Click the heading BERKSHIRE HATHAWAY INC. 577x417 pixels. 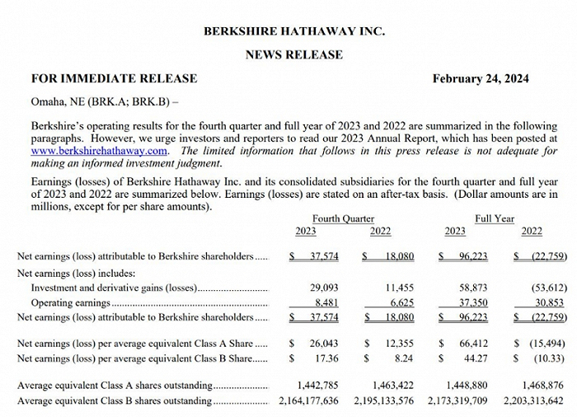[293, 31]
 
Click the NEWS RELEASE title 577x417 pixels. [293, 55]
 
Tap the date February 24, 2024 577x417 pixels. [481, 79]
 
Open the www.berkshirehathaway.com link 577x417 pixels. [100, 151]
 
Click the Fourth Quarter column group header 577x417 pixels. [343, 219]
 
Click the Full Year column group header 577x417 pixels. [495, 219]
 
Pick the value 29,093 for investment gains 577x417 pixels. [321, 288]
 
